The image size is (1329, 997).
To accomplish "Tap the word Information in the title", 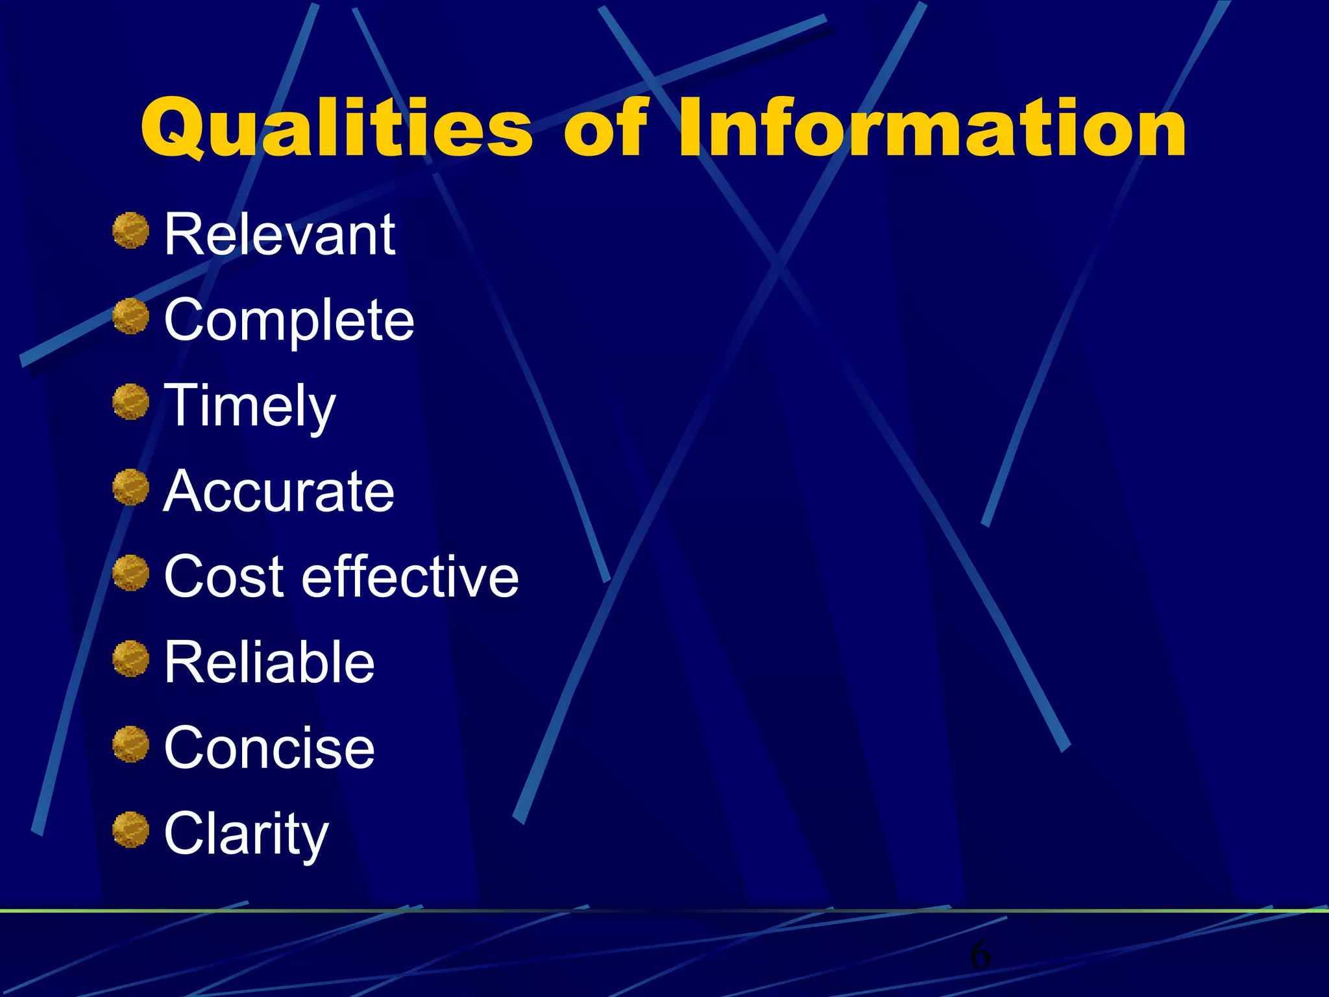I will click(932, 128).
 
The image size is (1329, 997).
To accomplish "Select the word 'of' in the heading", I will click(605, 128).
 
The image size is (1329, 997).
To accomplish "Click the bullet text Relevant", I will click(280, 234).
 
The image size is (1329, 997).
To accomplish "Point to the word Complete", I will click(289, 320).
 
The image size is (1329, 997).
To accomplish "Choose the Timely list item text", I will click(250, 406).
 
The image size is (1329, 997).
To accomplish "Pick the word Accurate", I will click(279, 491).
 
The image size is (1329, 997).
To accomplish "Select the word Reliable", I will click(269, 662).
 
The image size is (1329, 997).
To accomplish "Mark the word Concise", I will click(269, 748).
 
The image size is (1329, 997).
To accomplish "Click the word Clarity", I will click(247, 834).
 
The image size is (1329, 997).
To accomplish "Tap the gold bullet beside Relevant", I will click(131, 230).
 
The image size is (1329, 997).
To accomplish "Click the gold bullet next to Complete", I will click(131, 316).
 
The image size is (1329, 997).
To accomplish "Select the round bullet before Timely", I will click(131, 402).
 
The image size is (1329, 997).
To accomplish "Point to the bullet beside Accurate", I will click(131, 487).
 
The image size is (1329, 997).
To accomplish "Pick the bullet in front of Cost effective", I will click(131, 573).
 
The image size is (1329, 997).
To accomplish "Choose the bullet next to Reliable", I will click(131, 659).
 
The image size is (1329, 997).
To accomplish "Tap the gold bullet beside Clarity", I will click(131, 830).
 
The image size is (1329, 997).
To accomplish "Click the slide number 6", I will click(980, 955).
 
